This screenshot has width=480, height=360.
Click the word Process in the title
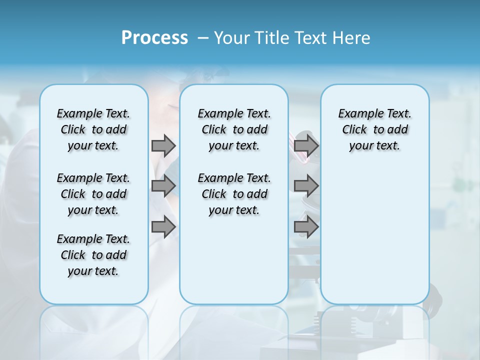(x=154, y=38)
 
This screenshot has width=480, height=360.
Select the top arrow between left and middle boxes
(x=163, y=145)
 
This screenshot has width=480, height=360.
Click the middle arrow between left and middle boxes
(x=163, y=186)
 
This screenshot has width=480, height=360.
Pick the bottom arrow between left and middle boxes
(x=163, y=227)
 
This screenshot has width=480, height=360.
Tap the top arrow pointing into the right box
(x=306, y=145)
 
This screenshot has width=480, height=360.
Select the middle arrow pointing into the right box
(x=306, y=186)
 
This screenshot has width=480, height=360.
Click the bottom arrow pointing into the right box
(x=306, y=227)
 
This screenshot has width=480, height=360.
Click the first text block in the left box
(x=93, y=129)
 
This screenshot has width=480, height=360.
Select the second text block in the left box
(x=93, y=194)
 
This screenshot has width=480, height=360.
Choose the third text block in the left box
(x=93, y=255)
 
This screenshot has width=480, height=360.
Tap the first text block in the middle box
(x=234, y=129)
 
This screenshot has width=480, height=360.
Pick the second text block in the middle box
(x=234, y=194)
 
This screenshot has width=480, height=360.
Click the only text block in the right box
(x=374, y=129)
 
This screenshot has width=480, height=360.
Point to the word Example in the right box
(x=358, y=114)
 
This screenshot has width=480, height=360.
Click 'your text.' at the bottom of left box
(x=93, y=271)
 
